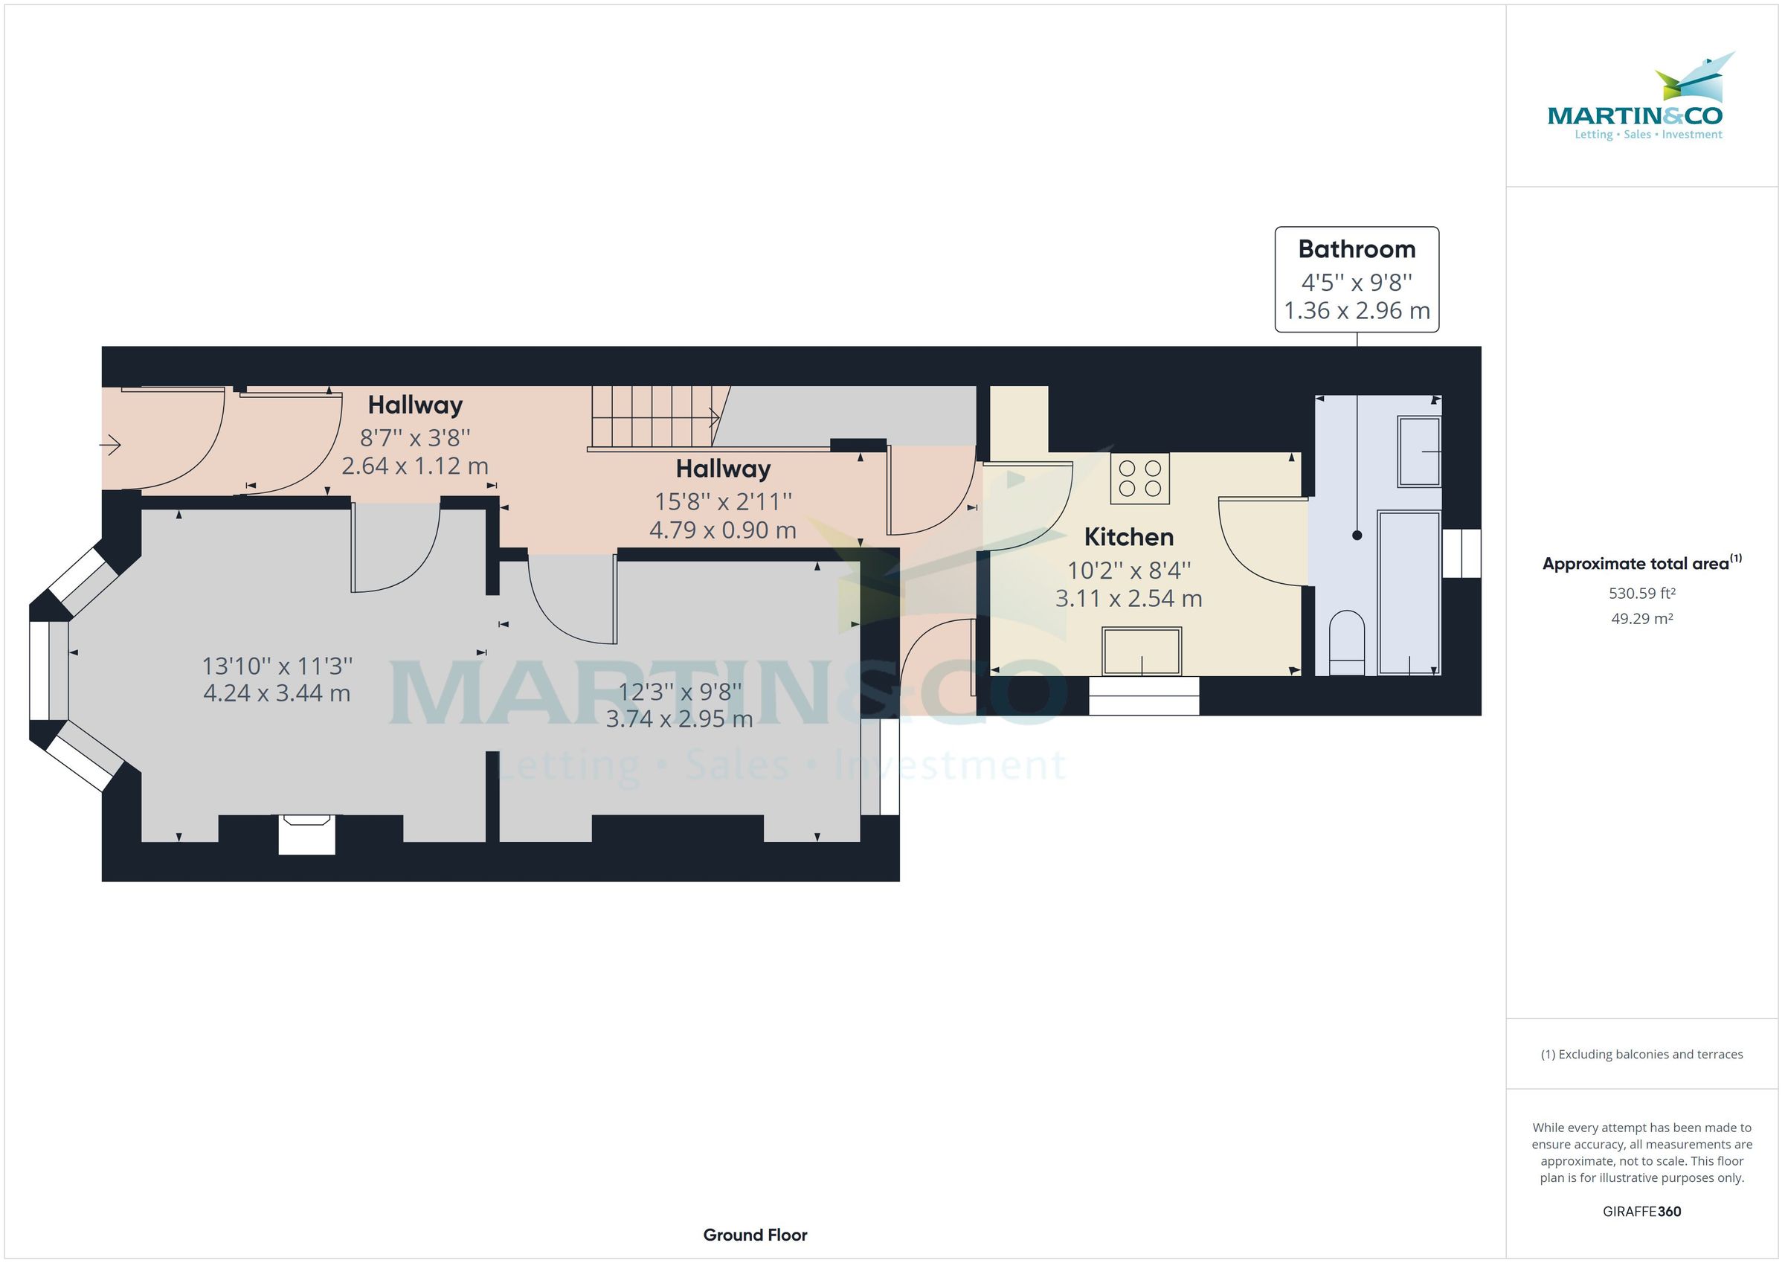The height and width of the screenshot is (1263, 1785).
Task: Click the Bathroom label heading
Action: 1357,249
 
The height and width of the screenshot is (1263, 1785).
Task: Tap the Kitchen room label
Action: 1129,536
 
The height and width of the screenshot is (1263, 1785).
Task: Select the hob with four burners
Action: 1139,478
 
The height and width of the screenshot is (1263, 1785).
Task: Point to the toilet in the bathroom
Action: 1347,643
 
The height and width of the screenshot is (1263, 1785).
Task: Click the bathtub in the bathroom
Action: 1409,592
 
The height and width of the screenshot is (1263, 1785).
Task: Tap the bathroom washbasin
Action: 1420,451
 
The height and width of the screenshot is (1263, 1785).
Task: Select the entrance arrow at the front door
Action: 110,446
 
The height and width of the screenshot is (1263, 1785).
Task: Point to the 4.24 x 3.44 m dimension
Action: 277,693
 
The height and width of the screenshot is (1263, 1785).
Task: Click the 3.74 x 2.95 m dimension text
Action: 680,719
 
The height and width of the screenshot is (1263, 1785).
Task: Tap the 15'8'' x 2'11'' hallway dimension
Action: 723,501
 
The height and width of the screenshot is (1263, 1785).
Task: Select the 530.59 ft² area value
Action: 1642,594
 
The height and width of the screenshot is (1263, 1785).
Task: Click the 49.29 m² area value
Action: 1642,619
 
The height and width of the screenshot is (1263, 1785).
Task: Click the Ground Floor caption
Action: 755,1235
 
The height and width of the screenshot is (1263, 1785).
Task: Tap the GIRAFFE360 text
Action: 1642,1211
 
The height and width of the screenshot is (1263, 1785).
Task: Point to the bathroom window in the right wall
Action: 1461,553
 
